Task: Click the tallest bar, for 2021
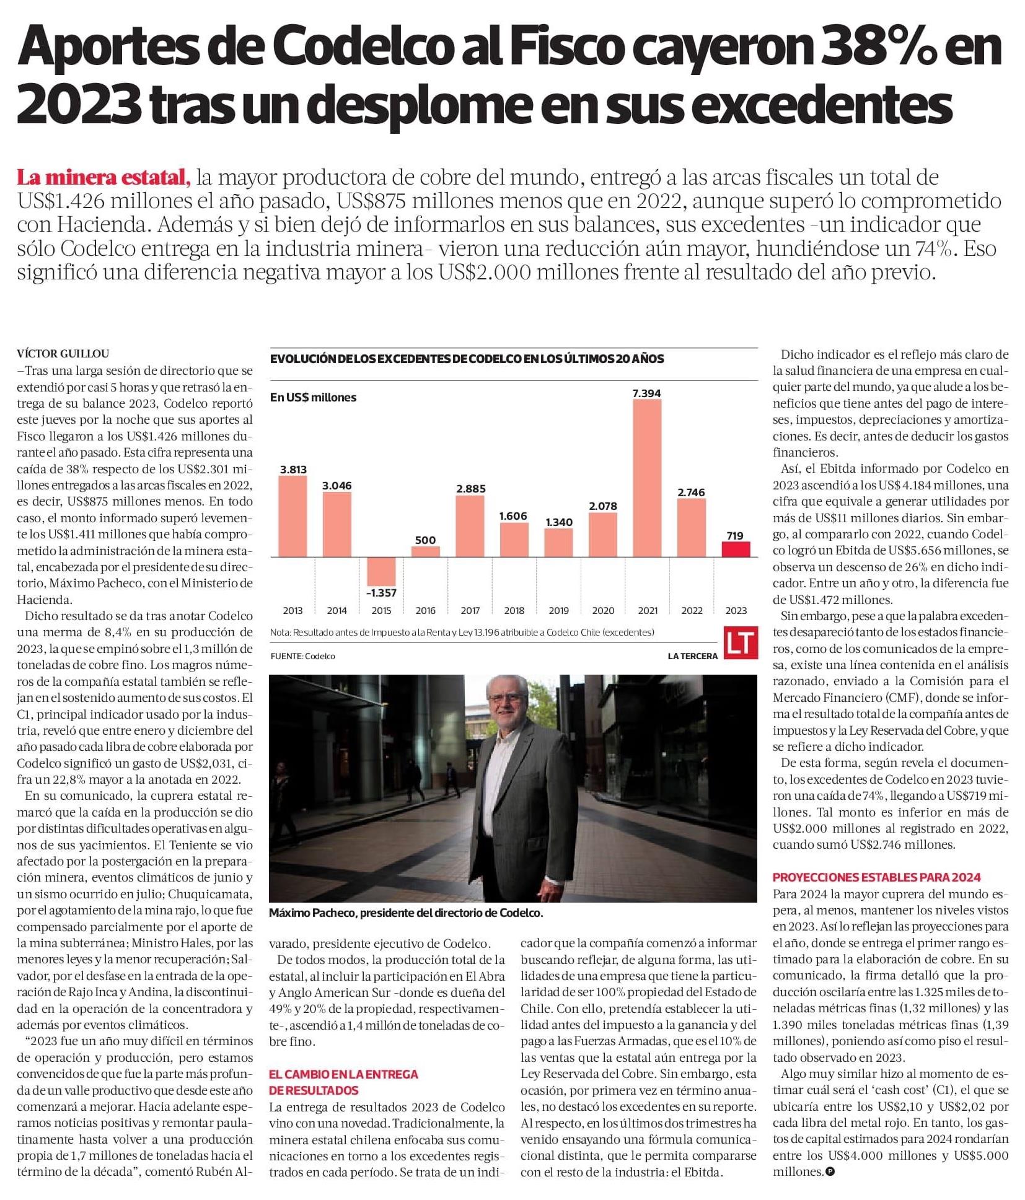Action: (x=647, y=478)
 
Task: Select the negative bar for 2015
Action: (x=381, y=571)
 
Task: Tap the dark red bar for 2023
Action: (x=736, y=549)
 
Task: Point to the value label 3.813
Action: (x=293, y=469)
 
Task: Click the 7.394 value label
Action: (x=646, y=393)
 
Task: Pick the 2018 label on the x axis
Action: (x=514, y=610)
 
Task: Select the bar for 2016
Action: (x=425, y=551)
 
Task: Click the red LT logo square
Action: (x=741, y=642)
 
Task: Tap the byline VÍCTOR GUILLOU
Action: (x=63, y=354)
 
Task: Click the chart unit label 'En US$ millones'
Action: (x=313, y=397)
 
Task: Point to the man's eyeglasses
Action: (x=506, y=697)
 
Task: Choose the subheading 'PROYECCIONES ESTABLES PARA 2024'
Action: (x=876, y=877)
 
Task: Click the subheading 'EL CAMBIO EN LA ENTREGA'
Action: (x=343, y=1074)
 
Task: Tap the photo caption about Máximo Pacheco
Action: (x=406, y=913)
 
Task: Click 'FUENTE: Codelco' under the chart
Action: (x=302, y=655)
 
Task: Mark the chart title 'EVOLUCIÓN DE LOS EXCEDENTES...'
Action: (x=467, y=359)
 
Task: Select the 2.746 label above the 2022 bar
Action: (x=691, y=492)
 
